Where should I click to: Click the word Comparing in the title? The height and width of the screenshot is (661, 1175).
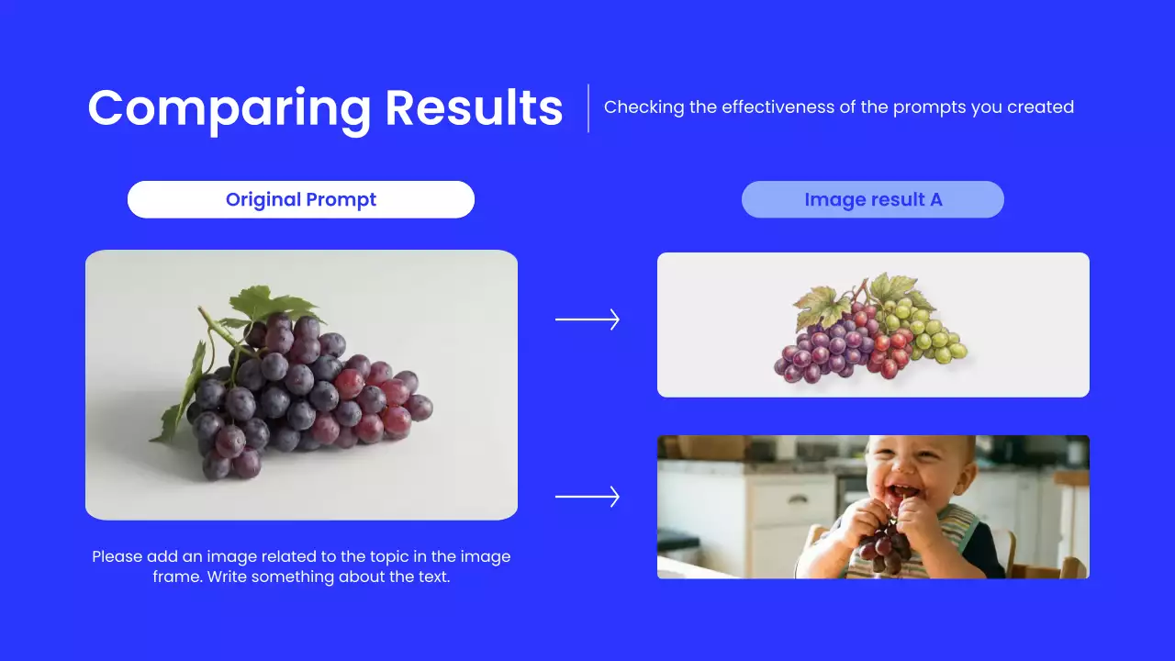(x=229, y=109)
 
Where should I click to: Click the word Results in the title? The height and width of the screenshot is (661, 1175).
(x=475, y=107)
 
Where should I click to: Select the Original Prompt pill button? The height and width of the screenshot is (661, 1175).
(x=301, y=199)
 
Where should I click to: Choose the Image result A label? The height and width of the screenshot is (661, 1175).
(x=873, y=199)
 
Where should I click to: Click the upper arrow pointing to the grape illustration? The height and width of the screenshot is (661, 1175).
(x=587, y=319)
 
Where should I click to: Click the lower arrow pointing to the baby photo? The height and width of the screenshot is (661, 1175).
(x=587, y=497)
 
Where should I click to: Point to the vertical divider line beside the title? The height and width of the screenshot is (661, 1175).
(x=588, y=108)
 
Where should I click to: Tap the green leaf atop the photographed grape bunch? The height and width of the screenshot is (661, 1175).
(x=273, y=303)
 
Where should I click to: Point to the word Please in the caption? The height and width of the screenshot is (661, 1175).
(x=117, y=556)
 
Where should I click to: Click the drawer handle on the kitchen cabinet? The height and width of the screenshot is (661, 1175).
(x=797, y=499)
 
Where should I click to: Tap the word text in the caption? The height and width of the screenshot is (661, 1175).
(x=434, y=577)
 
